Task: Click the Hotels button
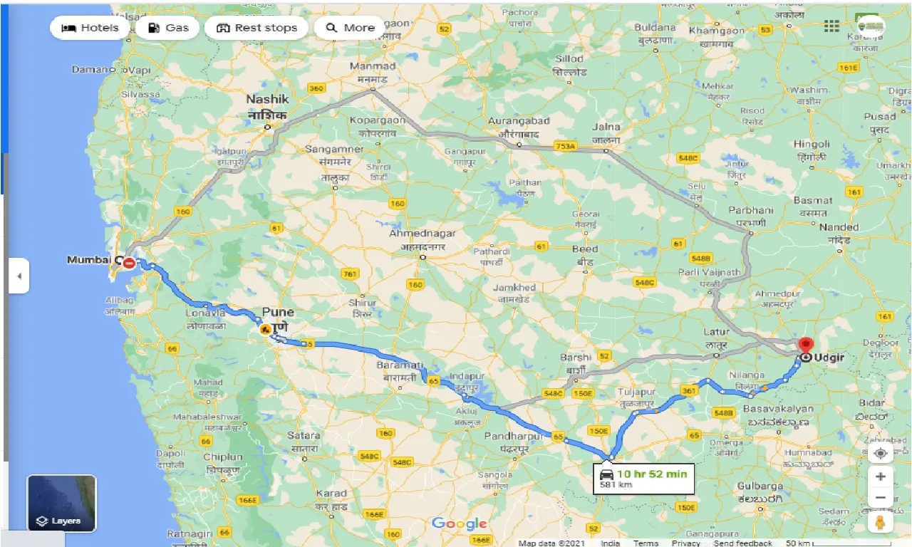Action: click(90, 28)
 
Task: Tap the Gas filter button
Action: click(168, 28)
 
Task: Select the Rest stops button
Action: click(256, 28)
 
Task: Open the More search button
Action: click(350, 28)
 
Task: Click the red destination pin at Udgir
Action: click(806, 347)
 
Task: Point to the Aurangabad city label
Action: click(519, 122)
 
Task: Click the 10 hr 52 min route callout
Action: click(644, 478)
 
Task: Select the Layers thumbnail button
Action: click(62, 503)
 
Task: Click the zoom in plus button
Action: click(881, 476)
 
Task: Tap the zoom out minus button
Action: click(881, 498)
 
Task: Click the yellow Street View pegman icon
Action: click(881, 523)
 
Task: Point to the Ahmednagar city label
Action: click(422, 234)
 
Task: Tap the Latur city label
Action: click(716, 332)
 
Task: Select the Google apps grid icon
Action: click(831, 26)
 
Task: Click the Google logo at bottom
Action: click(460, 524)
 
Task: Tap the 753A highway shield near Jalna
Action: click(565, 147)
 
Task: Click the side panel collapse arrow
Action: click(19, 276)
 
